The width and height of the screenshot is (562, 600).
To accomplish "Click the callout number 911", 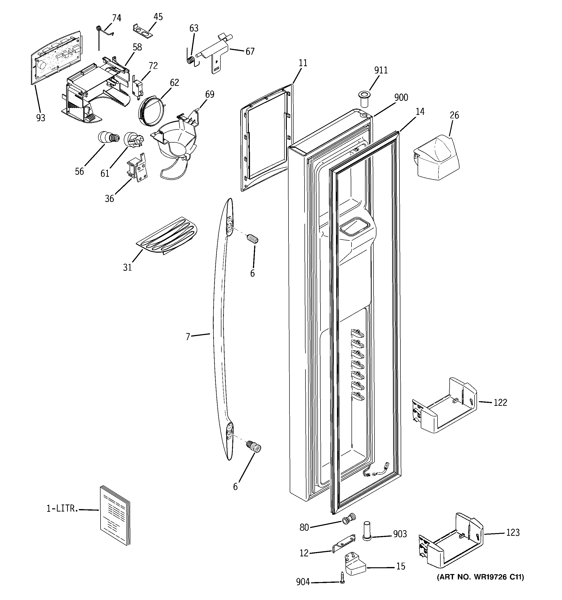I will click(x=381, y=70).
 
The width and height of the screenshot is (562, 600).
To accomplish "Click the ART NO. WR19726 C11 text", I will click(x=480, y=577).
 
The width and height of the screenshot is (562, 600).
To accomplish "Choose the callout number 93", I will click(x=41, y=118).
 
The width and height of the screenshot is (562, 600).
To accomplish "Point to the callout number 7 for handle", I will click(x=188, y=336).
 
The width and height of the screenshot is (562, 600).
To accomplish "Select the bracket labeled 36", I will click(x=138, y=168).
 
